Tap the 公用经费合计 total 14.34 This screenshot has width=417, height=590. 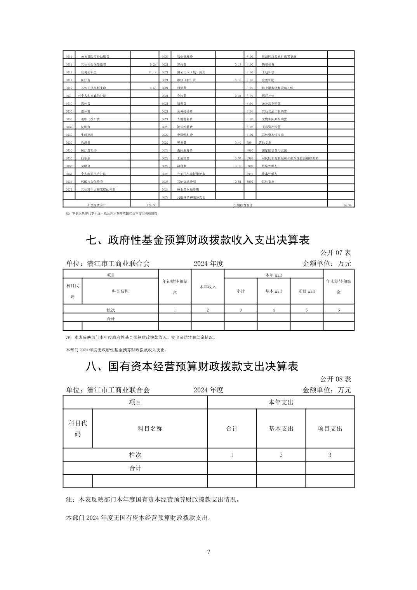347,205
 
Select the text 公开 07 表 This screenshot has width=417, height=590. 335,253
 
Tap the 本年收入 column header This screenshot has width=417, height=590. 208,287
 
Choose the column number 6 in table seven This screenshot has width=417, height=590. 339,310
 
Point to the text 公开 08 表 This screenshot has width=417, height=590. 335,379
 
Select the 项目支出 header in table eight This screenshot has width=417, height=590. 330,429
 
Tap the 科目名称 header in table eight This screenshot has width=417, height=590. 150,429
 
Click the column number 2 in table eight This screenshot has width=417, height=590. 281,455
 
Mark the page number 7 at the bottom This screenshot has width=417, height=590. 209,552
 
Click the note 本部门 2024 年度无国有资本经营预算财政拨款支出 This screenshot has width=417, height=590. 139,518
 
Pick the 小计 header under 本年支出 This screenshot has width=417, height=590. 241,291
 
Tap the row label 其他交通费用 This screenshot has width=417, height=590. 187,182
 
